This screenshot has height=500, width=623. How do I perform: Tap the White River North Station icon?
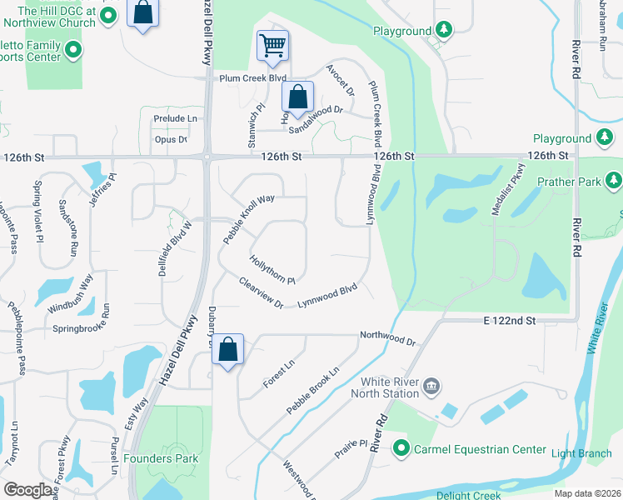pyautogui.click(x=431, y=385)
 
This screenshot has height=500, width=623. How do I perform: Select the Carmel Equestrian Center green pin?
pyautogui.click(x=401, y=449)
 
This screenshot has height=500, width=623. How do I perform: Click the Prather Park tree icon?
pyautogui.click(x=615, y=180)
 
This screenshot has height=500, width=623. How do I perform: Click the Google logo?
pyautogui.click(x=28, y=490)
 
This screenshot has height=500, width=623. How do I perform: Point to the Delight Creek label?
pyautogui.click(x=469, y=495)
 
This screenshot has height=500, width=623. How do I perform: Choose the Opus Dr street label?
pyautogui.click(x=171, y=140)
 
